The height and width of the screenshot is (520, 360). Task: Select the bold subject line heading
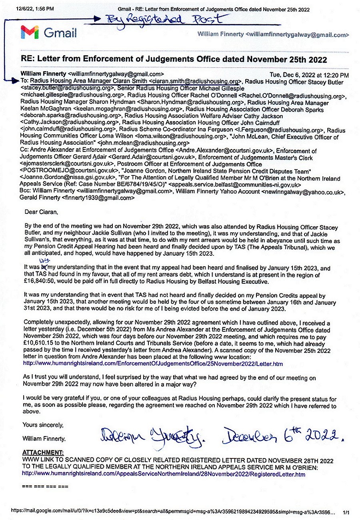pos(174,60)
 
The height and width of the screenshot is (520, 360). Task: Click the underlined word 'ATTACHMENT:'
pos(43,452)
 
